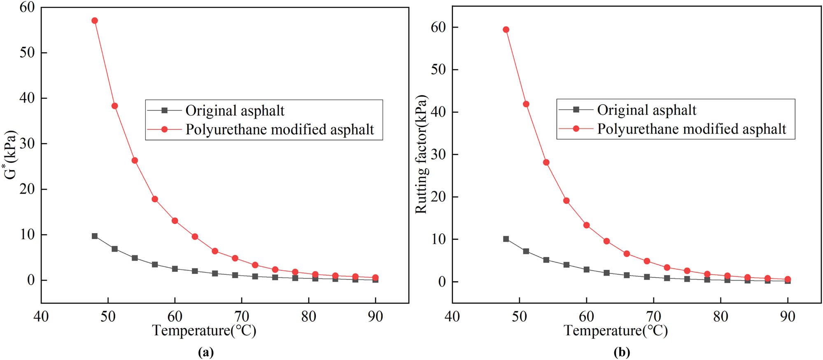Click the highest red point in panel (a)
tap(95, 21)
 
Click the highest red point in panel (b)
tap(506, 30)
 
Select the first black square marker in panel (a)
tap(95, 236)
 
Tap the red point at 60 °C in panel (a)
tap(175, 221)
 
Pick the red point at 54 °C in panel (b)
tap(546, 162)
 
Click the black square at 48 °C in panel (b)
tap(506, 239)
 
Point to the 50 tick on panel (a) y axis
tap(27, 53)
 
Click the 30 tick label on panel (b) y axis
tap(438, 154)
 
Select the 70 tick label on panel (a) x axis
tap(242, 316)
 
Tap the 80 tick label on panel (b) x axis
tap(720, 316)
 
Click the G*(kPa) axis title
tap(11, 155)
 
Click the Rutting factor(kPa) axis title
tap(421, 154)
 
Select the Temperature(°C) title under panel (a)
tap(204, 330)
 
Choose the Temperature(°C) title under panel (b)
tap(616, 330)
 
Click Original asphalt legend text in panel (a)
tap(235, 110)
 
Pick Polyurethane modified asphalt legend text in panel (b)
tap(692, 129)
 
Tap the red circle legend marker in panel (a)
tap(164, 129)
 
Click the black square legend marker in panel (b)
tap(576, 110)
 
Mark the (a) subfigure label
tap(206, 352)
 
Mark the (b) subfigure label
tap(622, 352)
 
